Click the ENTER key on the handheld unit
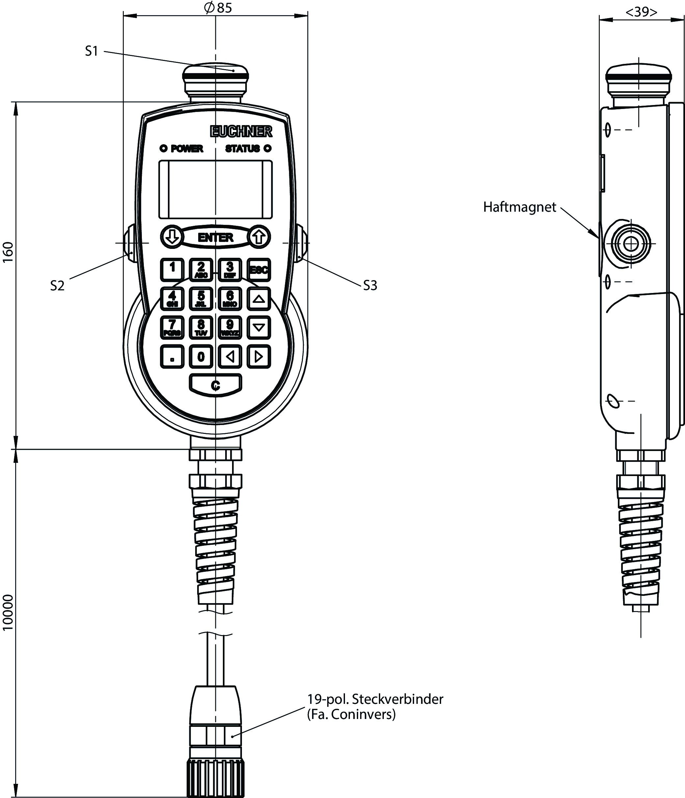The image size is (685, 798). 215,237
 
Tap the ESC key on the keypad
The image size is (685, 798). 258,270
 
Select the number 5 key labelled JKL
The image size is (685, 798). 201,299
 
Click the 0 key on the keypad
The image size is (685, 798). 201,357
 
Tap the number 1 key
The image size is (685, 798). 172,269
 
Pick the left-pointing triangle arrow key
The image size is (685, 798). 230,357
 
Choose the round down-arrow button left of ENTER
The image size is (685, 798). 172,236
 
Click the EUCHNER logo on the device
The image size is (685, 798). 241,132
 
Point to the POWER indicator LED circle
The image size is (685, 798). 163,148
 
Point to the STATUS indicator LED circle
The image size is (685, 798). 267,148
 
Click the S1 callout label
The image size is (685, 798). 92,51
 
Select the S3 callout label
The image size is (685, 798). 370,285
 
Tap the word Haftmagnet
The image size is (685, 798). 519,207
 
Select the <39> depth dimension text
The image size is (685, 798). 641,12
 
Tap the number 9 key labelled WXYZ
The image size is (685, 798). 230,327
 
